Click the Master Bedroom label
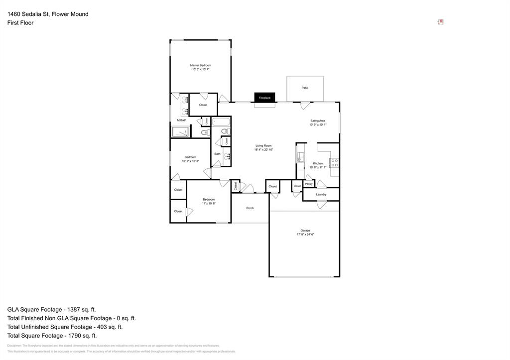pyautogui.click(x=201, y=65)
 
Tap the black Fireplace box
pyautogui.click(x=264, y=98)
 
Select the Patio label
pyautogui.click(x=305, y=88)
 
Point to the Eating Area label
pyautogui.click(x=318, y=120)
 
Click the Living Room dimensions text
pyautogui.click(x=263, y=150)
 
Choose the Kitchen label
pyautogui.click(x=318, y=163)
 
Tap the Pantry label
pyautogui.click(x=309, y=184)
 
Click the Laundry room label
pyautogui.click(x=321, y=194)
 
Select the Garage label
pyautogui.click(x=305, y=231)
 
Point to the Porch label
pyautogui.click(x=250, y=208)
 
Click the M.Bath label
pyautogui.click(x=182, y=120)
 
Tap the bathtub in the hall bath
pyautogui.click(x=221, y=121)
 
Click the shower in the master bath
pyautogui.click(x=181, y=131)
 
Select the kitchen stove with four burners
pyautogui.click(x=335, y=163)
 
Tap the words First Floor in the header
pyautogui.click(x=20, y=23)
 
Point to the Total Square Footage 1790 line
pyautogui.click(x=52, y=336)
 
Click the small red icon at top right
pyautogui.click(x=441, y=22)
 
